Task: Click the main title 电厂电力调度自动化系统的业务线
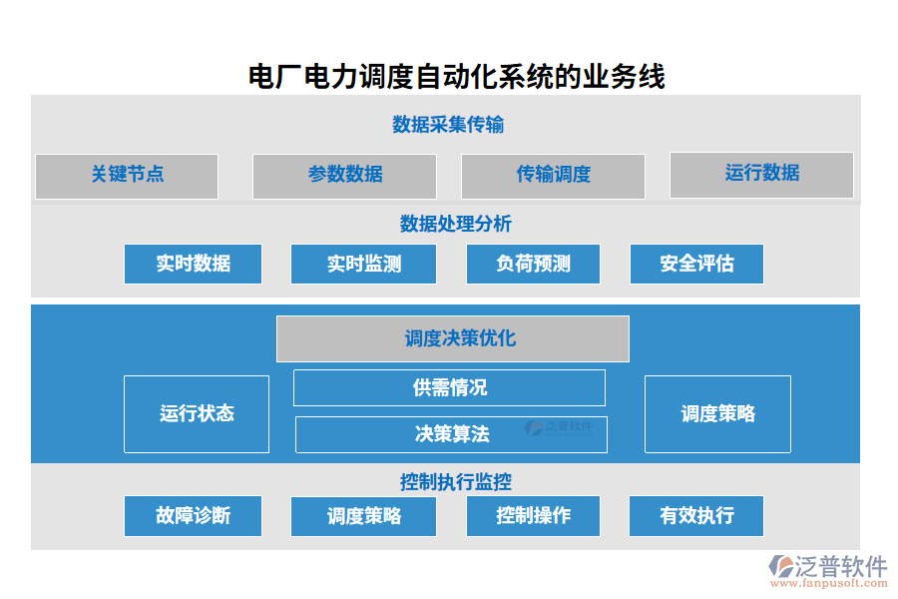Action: tap(456, 76)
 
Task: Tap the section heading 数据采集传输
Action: tap(448, 125)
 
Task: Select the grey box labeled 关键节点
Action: tap(127, 176)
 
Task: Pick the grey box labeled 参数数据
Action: tap(344, 176)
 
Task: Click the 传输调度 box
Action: tap(553, 176)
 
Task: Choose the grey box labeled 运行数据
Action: tap(761, 175)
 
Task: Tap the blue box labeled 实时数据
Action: tap(193, 265)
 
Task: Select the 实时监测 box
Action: tap(363, 265)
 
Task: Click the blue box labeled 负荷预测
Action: tap(533, 265)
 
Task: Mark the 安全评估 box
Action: tap(696, 265)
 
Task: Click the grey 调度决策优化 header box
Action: tap(452, 339)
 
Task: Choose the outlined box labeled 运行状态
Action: tap(197, 414)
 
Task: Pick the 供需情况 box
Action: tap(449, 387)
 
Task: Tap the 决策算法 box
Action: tap(451, 434)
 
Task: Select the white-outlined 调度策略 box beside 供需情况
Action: tap(717, 414)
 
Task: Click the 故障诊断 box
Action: tap(193, 516)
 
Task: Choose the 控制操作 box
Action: tap(533, 516)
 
